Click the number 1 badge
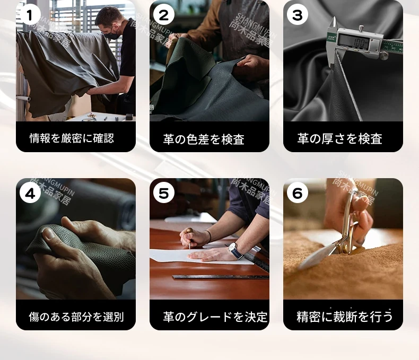click(x=30, y=15)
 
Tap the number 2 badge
click(x=164, y=15)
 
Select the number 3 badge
click(x=298, y=15)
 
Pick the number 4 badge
click(x=30, y=193)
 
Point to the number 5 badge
click(x=164, y=193)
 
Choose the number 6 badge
click(x=298, y=193)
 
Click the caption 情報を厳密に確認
click(x=72, y=138)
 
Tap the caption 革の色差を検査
click(x=204, y=139)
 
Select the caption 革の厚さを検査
click(x=339, y=138)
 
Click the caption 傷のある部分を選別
click(x=76, y=317)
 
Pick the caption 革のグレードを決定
click(x=215, y=317)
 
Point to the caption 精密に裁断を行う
click(x=345, y=317)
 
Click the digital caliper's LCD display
click(x=354, y=42)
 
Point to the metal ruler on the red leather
click(x=221, y=277)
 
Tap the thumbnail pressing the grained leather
click(x=49, y=234)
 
